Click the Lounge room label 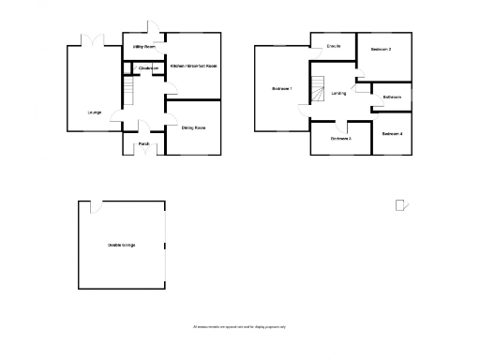coord(95,112)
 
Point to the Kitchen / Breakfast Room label coord(194,66)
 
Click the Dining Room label coord(193,127)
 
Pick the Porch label coord(144,143)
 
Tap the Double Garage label coord(121,246)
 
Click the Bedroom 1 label coord(282,89)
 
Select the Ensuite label coord(333,46)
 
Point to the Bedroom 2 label coord(381,49)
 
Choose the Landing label coord(339,93)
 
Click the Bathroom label coord(392,97)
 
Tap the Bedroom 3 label coord(340,139)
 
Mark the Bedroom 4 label coord(392,133)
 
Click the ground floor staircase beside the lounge coord(130,92)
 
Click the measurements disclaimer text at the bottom coord(240,326)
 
